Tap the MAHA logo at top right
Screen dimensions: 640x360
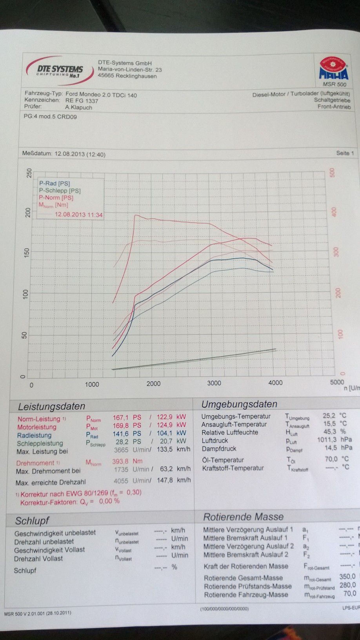pos(333,69)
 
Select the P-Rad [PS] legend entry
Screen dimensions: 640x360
pos(54,183)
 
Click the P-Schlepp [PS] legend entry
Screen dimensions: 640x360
pos(60,191)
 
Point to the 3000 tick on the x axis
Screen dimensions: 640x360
pos(214,383)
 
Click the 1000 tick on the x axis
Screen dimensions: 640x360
pos(92,384)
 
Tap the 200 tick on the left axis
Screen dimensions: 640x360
pos(27,213)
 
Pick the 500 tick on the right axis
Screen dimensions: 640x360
pos(332,173)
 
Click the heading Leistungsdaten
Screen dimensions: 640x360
pos(51,406)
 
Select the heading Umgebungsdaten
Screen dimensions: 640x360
pos(239,404)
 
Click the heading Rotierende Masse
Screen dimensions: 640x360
pos(243,517)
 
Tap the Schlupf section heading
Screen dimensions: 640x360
pos(32,521)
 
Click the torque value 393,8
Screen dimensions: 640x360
pos(121,461)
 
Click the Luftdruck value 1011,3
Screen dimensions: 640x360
pos(327,440)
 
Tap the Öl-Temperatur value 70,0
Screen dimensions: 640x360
pos(331,459)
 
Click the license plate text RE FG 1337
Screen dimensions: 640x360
pos(82,101)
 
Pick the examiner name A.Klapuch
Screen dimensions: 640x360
pos(78,107)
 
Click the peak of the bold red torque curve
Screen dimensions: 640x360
pos(135,215)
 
